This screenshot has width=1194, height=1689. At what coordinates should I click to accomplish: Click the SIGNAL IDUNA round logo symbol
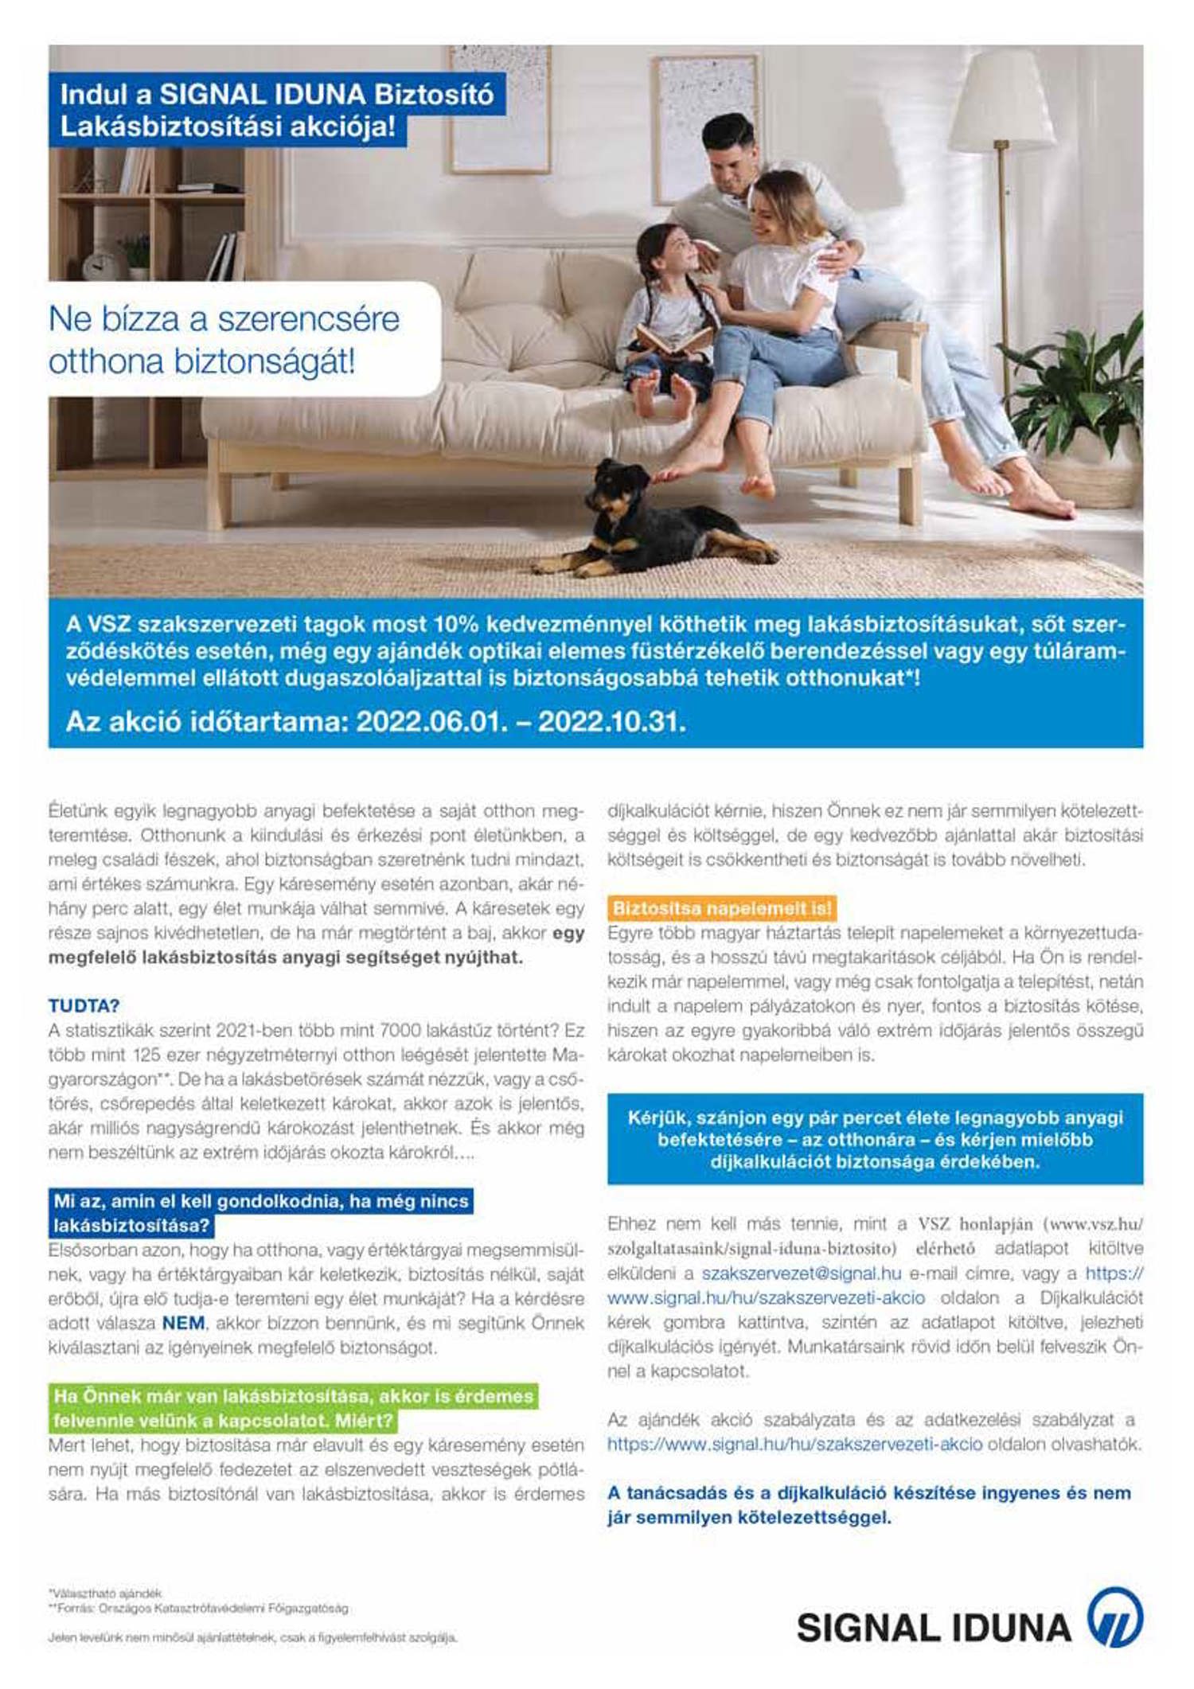[x=1115, y=1617]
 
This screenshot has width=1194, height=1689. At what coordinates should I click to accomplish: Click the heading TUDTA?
[x=84, y=1005]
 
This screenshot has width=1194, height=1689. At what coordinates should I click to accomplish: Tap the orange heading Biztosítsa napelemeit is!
[x=721, y=908]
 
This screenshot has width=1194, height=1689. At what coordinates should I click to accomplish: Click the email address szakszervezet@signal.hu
[x=801, y=1274]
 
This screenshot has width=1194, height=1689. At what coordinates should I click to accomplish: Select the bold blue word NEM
[x=183, y=1323]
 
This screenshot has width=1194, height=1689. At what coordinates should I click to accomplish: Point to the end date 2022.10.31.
[x=611, y=722]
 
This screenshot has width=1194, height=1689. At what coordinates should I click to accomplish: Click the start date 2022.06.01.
[x=431, y=722]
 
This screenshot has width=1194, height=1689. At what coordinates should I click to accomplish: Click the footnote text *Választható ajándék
[x=105, y=1593]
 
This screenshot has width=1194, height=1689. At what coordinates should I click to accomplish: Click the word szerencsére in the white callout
[x=308, y=319]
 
